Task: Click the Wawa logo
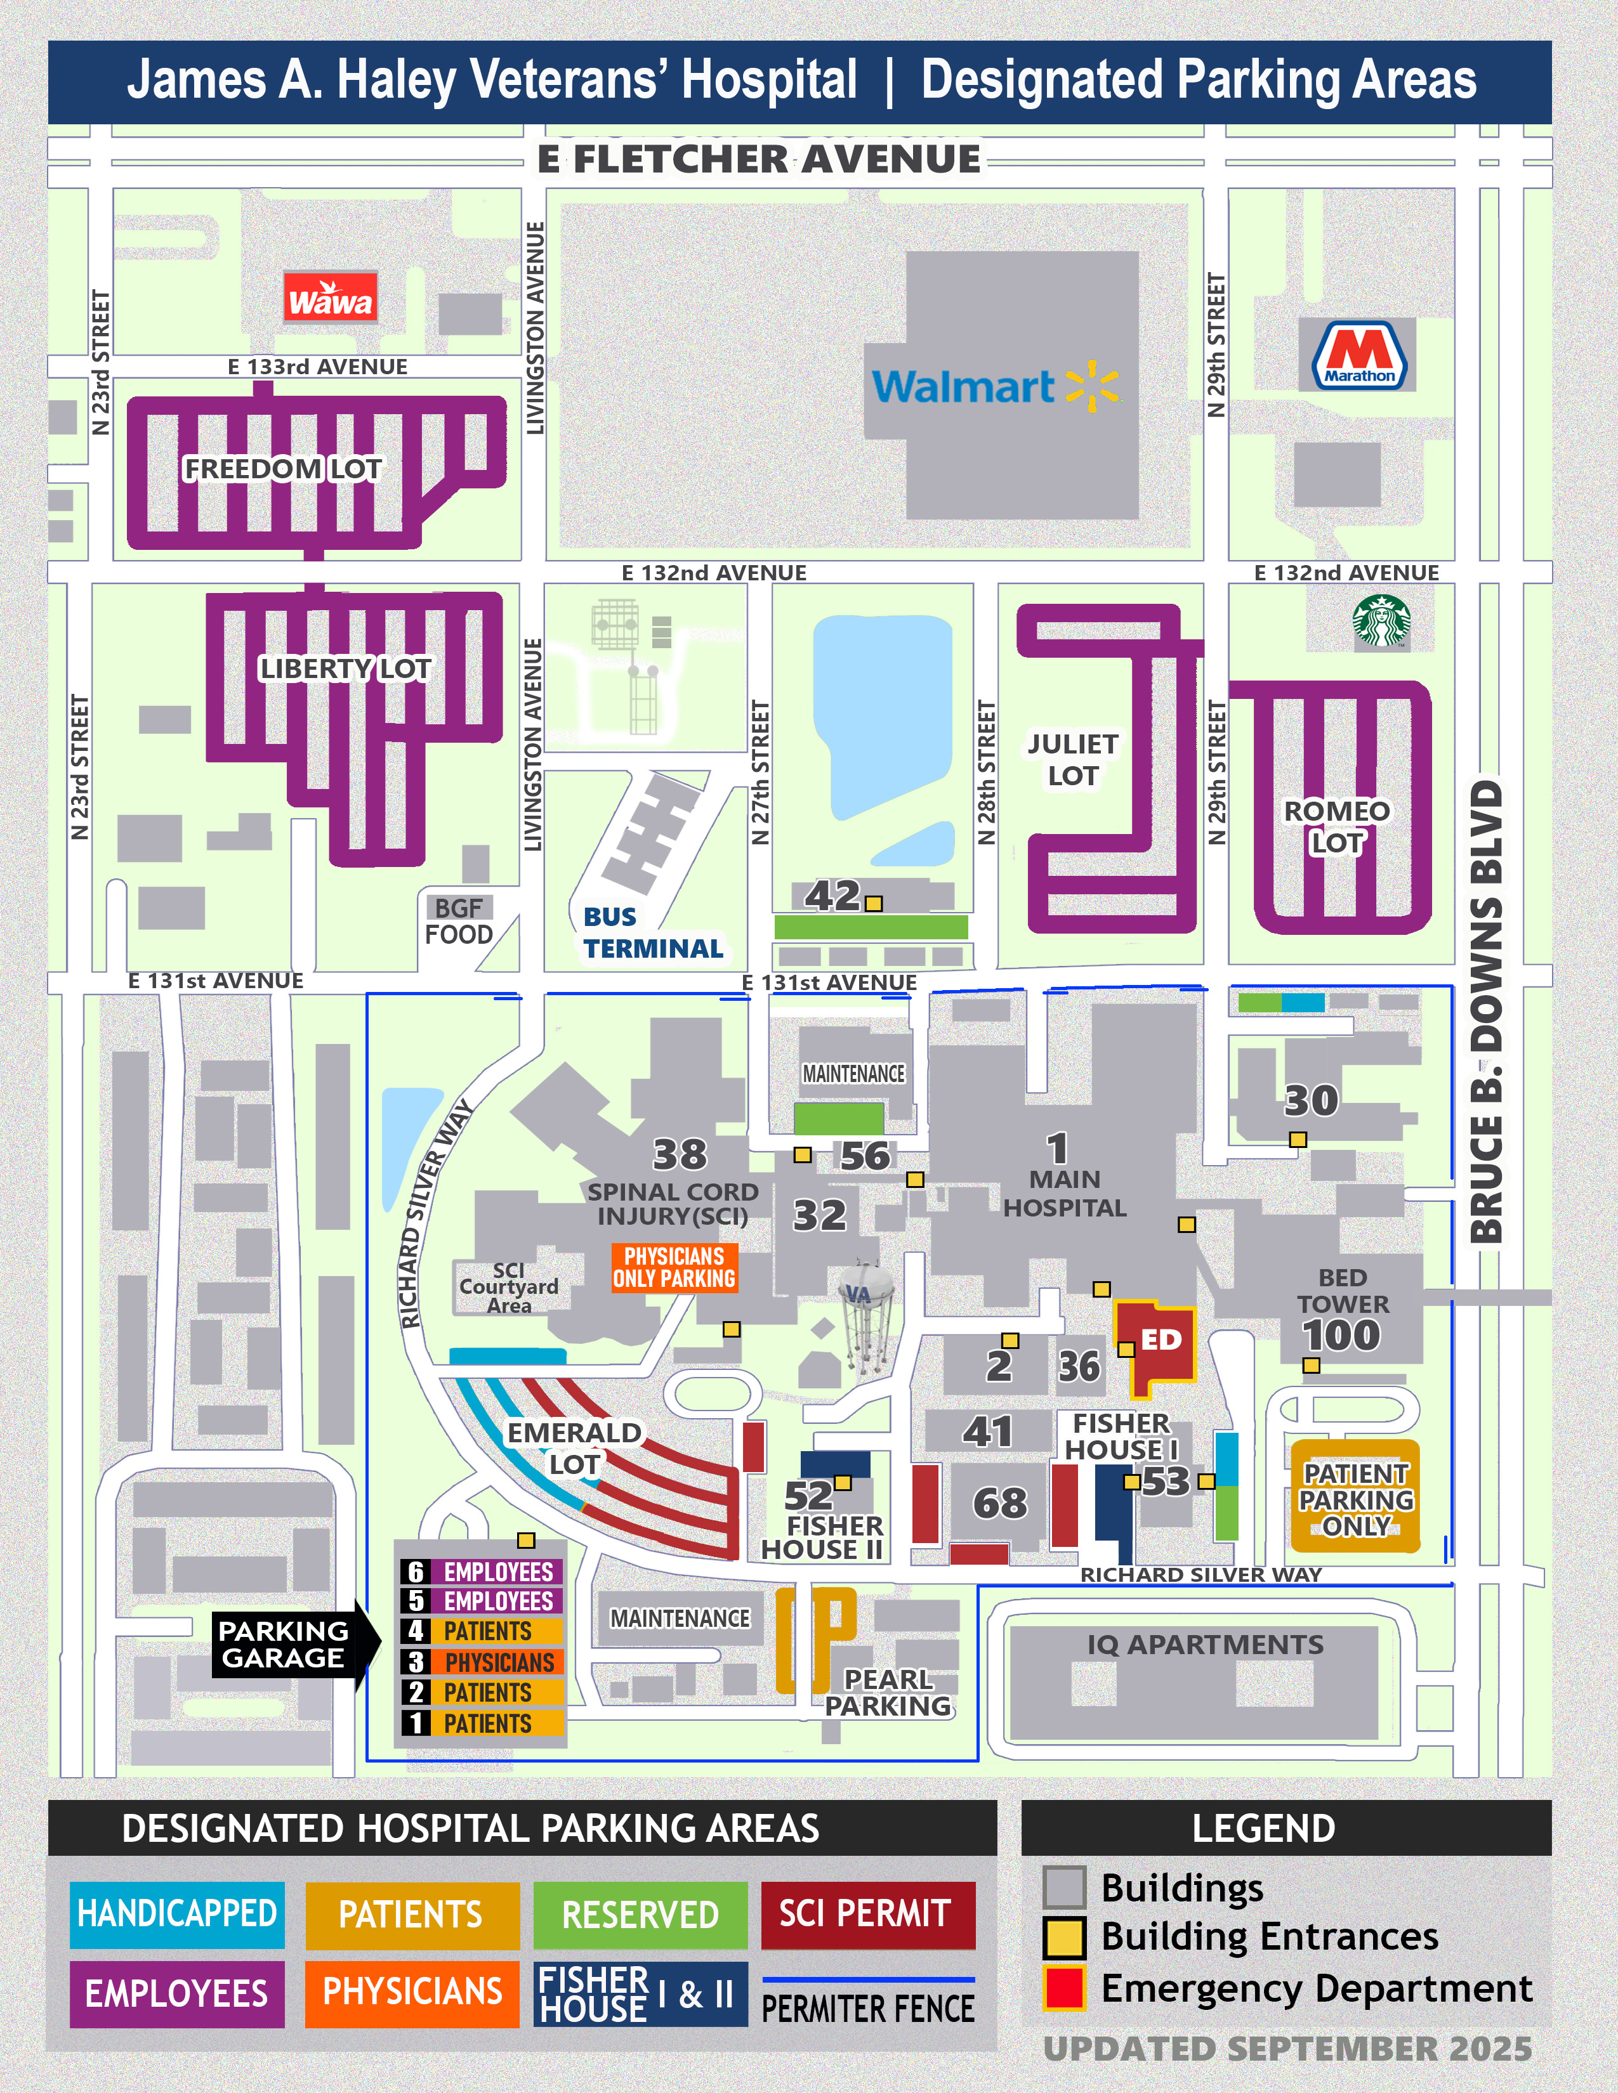click(x=330, y=299)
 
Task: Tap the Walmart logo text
click(x=963, y=387)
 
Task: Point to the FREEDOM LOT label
click(x=283, y=469)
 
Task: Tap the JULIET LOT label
click(x=1072, y=760)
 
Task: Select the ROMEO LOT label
click(x=1336, y=826)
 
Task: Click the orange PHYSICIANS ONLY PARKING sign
click(x=675, y=1267)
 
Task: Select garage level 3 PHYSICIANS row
click(x=482, y=1662)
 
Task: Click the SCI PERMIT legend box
click(x=867, y=1914)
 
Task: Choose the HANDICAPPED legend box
click(x=177, y=1914)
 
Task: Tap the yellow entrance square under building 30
click(x=1297, y=1140)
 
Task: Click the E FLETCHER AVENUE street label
click(x=759, y=159)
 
